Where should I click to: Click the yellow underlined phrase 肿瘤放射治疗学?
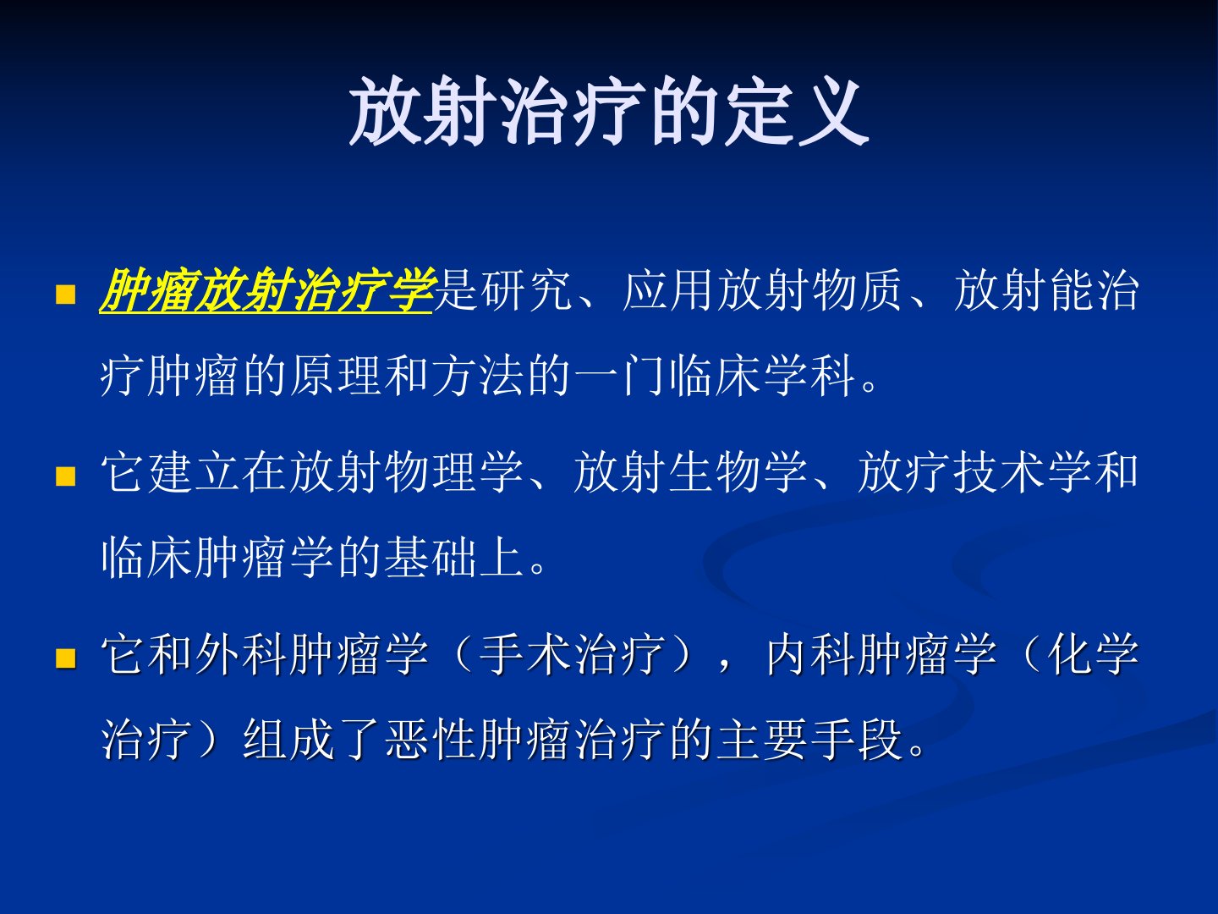tap(266, 290)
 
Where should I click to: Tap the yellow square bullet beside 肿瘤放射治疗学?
tap(65, 295)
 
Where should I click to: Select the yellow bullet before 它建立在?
tap(65, 476)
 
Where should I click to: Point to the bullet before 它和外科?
tap(65, 658)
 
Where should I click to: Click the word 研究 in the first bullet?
tap(527, 290)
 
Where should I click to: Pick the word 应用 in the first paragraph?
tap(669, 290)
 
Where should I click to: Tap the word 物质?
tap(858, 290)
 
